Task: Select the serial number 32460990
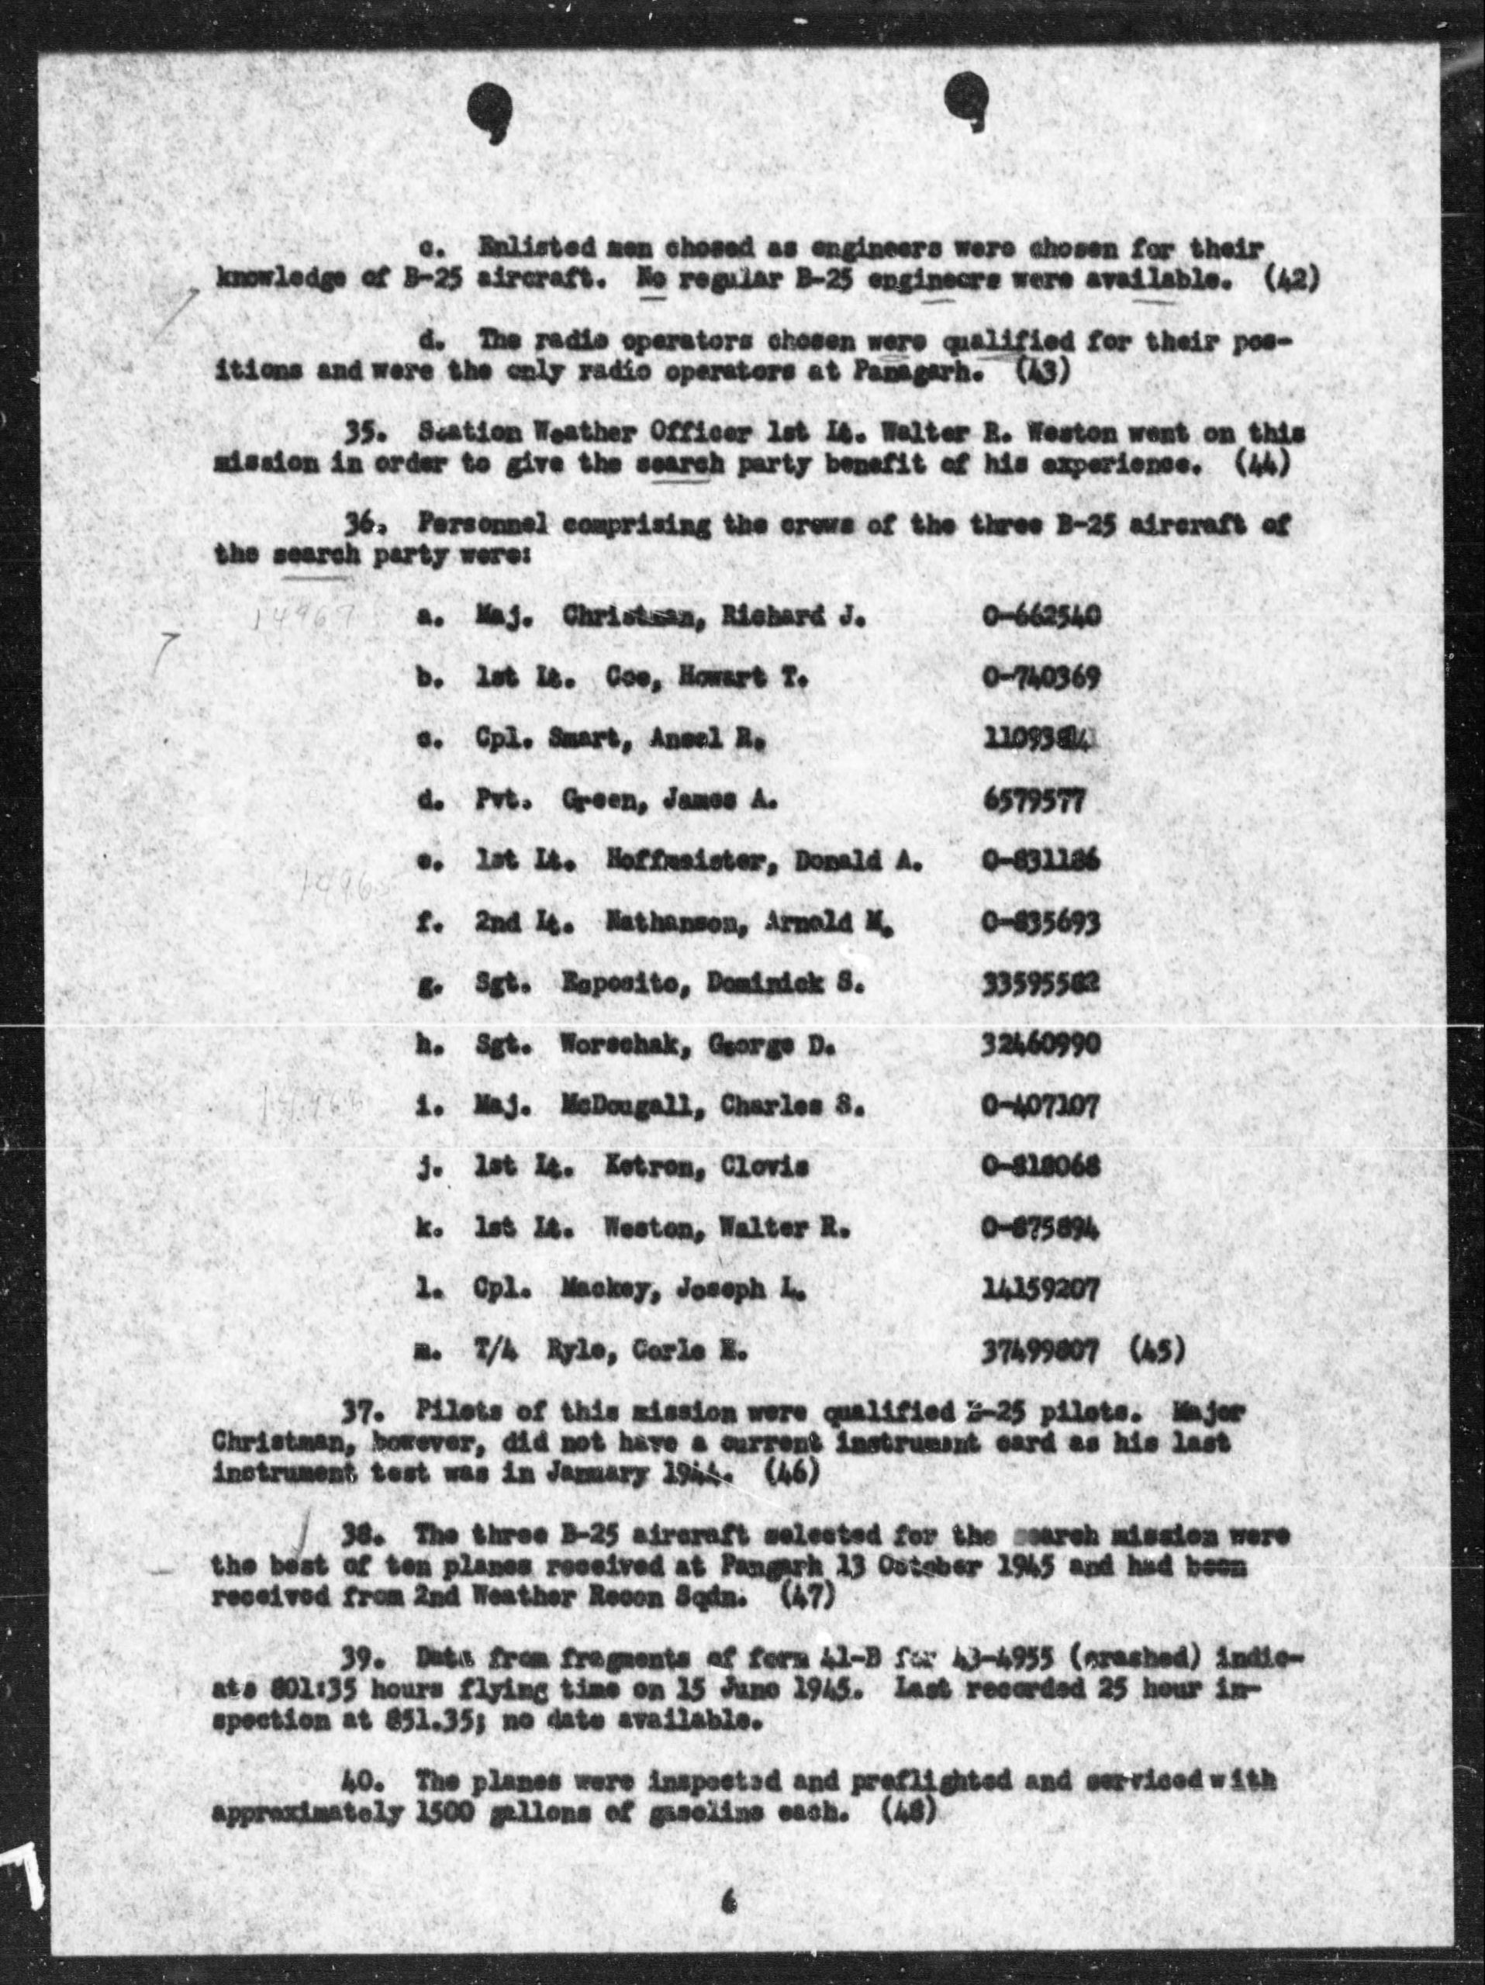[1041, 1045]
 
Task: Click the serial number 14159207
[1041, 1290]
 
